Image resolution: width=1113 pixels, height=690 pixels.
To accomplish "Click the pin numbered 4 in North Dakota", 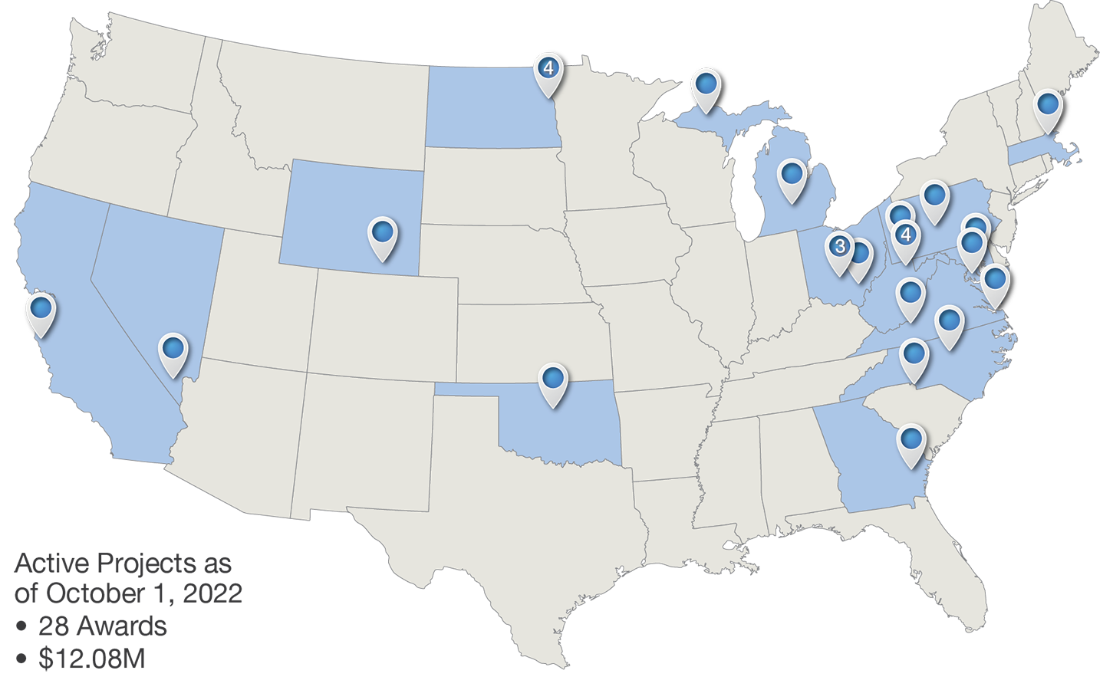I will coord(548,69).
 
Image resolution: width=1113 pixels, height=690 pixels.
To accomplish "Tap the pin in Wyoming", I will coord(382,232).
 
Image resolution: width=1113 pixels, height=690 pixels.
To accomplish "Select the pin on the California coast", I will coord(41,309).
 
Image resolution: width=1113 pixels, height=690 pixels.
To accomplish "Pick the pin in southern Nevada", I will coord(174,349).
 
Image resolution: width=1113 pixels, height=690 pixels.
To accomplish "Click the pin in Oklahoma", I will coord(553,379).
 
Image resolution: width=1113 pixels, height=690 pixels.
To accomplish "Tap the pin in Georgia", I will coord(911,439).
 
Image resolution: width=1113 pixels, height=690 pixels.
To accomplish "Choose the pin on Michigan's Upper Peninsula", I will coord(706,84).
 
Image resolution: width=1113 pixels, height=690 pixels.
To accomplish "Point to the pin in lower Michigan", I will coord(792,174).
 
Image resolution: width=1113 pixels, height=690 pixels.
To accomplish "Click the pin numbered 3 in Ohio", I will coord(840,247).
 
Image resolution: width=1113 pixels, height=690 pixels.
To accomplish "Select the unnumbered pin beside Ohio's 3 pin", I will coord(861,253).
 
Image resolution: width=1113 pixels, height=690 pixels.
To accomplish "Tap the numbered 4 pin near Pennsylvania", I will coord(906,235).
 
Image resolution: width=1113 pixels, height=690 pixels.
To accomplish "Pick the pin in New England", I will coord(1048,104).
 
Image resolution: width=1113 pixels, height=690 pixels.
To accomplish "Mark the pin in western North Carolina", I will coord(914,353).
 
